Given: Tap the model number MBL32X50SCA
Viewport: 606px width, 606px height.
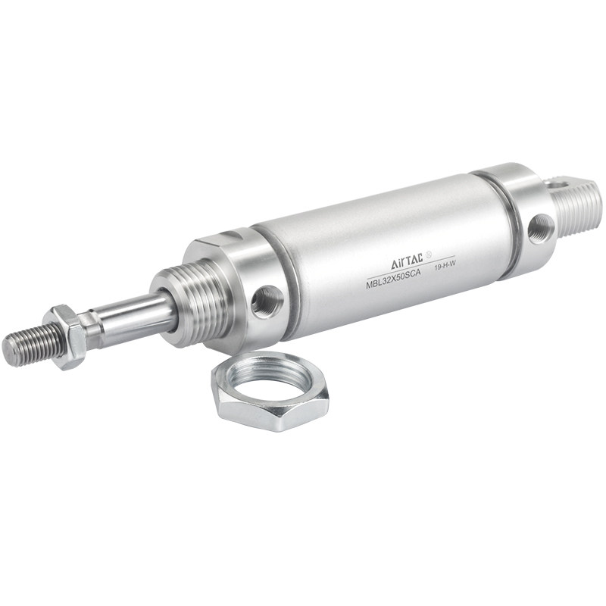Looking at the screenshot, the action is click(393, 279).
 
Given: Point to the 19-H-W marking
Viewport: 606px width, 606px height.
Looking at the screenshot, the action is click(443, 267).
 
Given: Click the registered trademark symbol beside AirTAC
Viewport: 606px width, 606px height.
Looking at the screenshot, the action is click(428, 255).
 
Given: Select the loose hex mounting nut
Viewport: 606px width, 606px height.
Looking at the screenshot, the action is click(270, 390).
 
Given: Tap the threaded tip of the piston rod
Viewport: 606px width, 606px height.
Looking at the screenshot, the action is click(33, 344).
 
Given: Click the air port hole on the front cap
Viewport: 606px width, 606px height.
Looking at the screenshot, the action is click(267, 301).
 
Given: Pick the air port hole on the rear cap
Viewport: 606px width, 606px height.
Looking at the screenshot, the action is click(540, 228).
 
